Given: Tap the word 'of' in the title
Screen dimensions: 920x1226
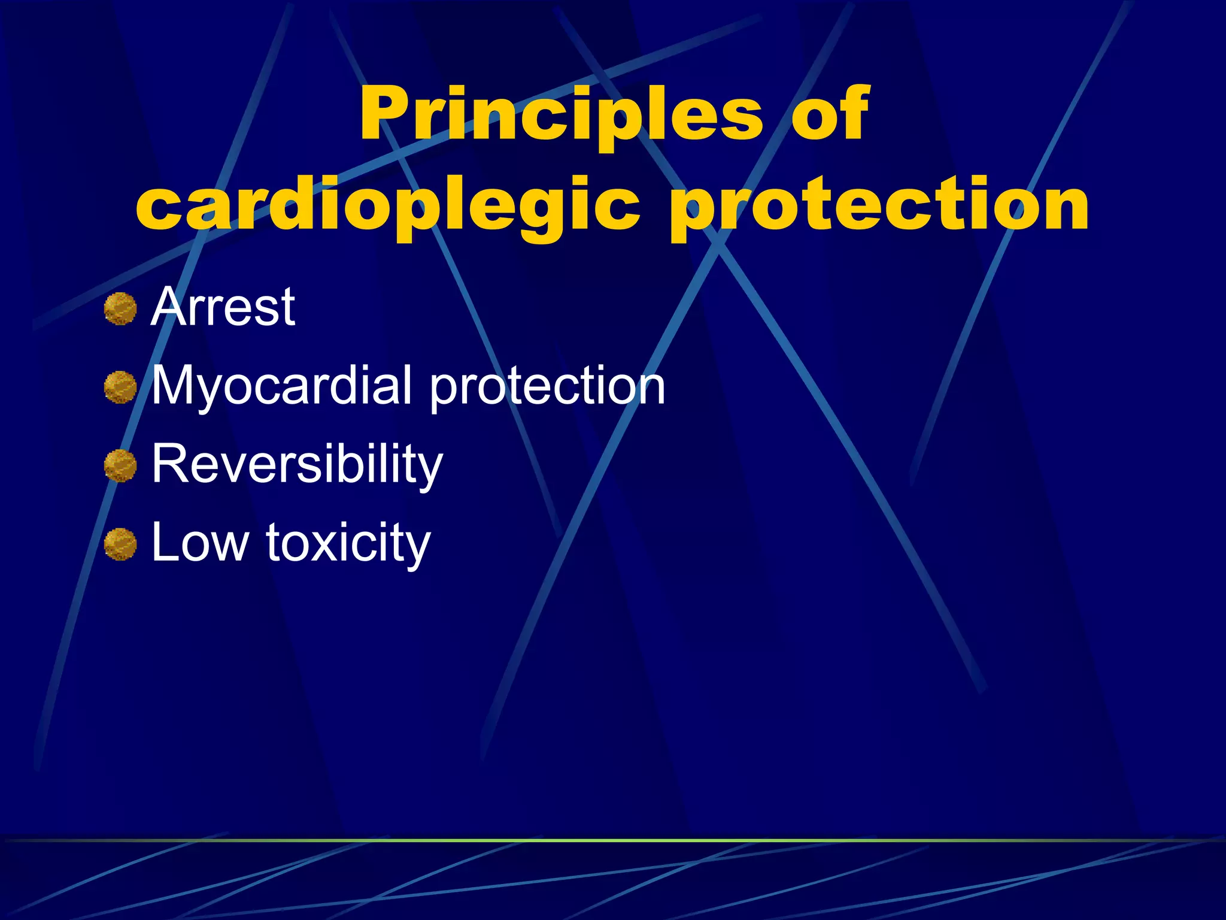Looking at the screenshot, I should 830,114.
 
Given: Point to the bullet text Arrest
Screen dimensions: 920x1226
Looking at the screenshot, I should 223,307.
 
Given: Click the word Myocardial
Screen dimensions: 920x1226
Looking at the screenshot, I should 281,386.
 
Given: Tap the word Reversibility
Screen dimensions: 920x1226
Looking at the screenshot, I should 297,465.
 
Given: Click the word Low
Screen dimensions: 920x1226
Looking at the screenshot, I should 200,543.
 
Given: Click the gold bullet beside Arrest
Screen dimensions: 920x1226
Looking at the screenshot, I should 120,309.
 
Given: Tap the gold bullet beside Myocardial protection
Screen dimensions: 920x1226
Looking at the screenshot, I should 120,388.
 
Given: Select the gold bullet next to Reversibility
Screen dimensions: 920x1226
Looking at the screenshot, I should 120,466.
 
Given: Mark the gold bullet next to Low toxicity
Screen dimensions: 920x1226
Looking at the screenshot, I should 120,544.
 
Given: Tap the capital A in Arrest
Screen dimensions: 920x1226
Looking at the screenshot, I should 169,307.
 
